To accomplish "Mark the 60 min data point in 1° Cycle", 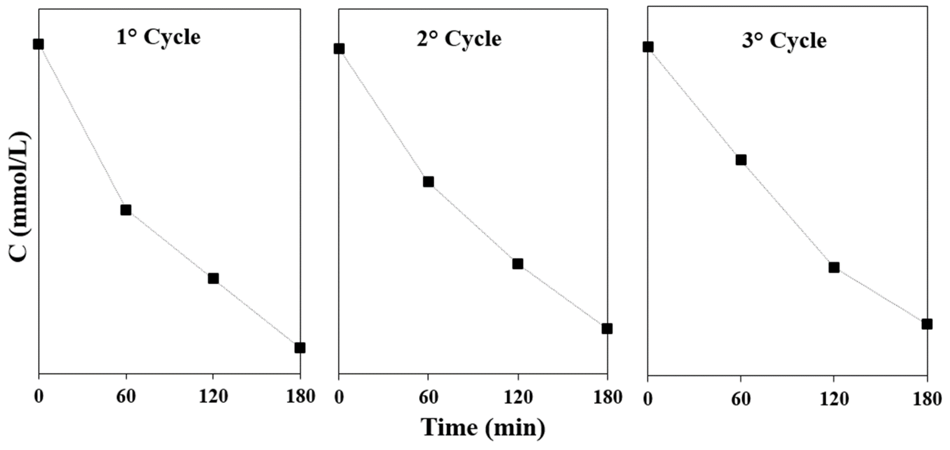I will [x=126, y=210].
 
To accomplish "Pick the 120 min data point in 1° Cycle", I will [x=213, y=279].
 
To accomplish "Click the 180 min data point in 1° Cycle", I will [x=300, y=348].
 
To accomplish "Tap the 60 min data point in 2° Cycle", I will [x=428, y=182].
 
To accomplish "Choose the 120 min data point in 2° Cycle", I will [x=518, y=264].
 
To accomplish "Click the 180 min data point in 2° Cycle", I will [x=607, y=329].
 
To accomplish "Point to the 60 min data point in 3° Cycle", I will [x=741, y=160].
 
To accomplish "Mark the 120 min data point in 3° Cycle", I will [x=834, y=267].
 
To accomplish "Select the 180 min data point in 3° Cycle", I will [x=927, y=324].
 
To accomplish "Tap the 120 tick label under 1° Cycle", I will [x=213, y=397].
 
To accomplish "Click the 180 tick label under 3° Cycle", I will [x=927, y=400].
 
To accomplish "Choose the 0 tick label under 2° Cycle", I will [x=339, y=398].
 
